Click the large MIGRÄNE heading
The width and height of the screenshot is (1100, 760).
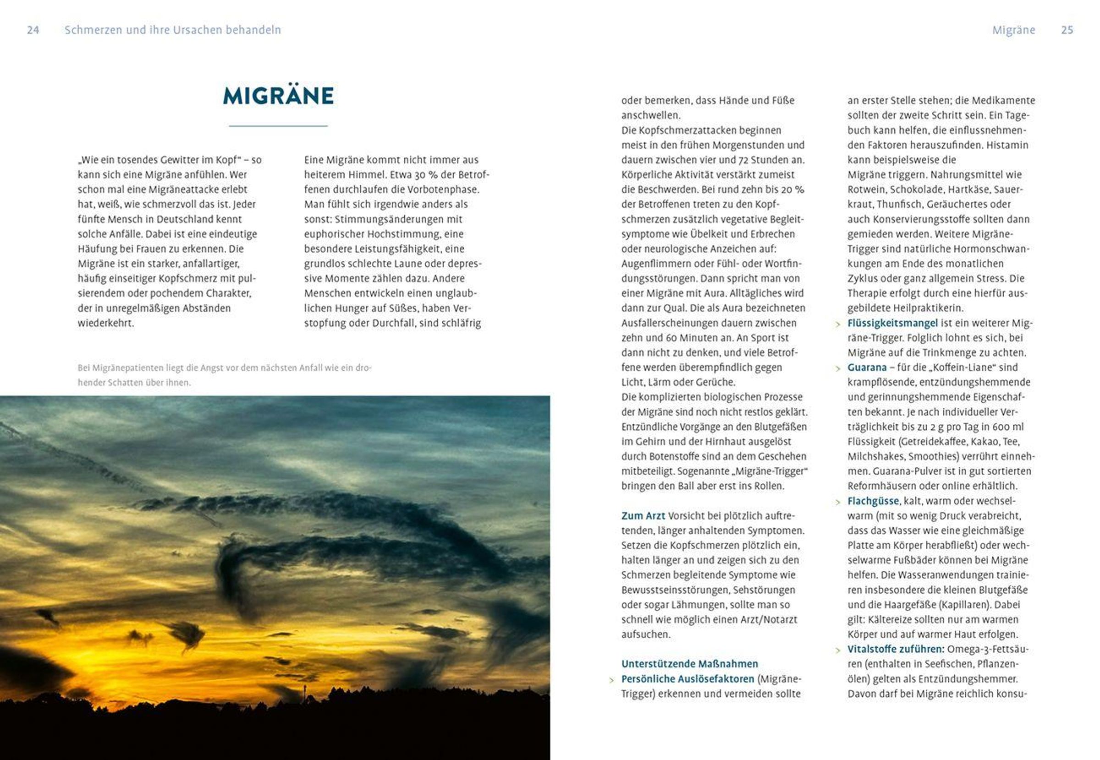278,96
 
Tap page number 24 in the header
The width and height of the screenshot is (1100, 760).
33,30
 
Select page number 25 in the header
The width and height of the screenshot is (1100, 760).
1067,30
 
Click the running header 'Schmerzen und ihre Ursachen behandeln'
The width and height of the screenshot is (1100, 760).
172,30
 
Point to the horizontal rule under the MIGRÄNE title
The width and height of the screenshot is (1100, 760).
278,126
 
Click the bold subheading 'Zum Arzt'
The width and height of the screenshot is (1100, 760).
643,516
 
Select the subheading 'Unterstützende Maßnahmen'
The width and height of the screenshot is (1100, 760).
689,664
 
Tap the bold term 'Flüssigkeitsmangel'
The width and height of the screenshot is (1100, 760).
892,323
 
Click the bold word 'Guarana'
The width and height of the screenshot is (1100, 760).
867,367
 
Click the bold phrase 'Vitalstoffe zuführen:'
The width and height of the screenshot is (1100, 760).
895,649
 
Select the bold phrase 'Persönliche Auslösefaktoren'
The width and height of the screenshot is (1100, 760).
687,678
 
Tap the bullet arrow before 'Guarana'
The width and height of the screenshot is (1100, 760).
838,369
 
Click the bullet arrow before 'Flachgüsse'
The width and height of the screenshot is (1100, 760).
838,503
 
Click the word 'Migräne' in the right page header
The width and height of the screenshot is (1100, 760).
1013,30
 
